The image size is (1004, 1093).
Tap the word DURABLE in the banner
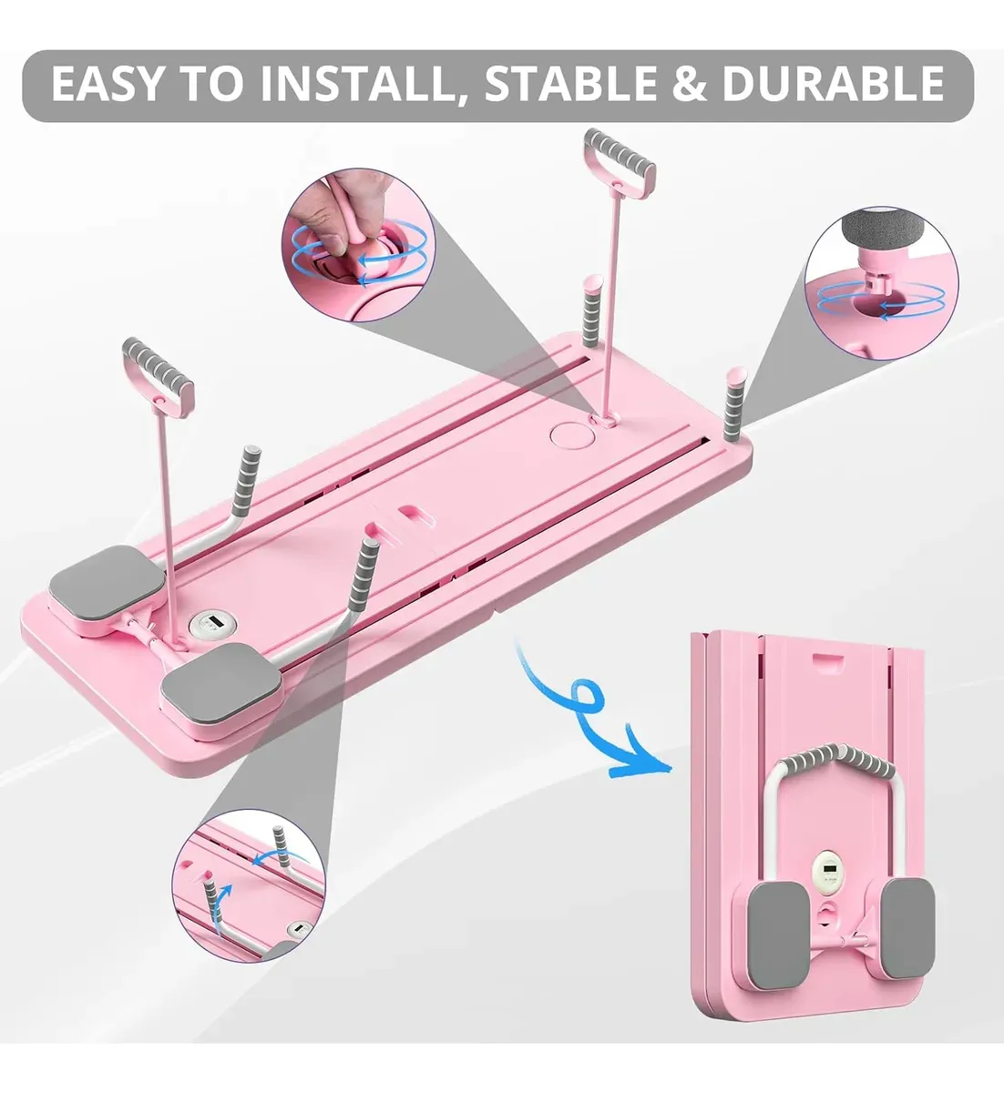(834, 84)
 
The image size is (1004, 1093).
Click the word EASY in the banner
(107, 84)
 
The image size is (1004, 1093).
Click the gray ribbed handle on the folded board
(838, 758)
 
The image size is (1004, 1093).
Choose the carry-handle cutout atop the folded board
(828, 659)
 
